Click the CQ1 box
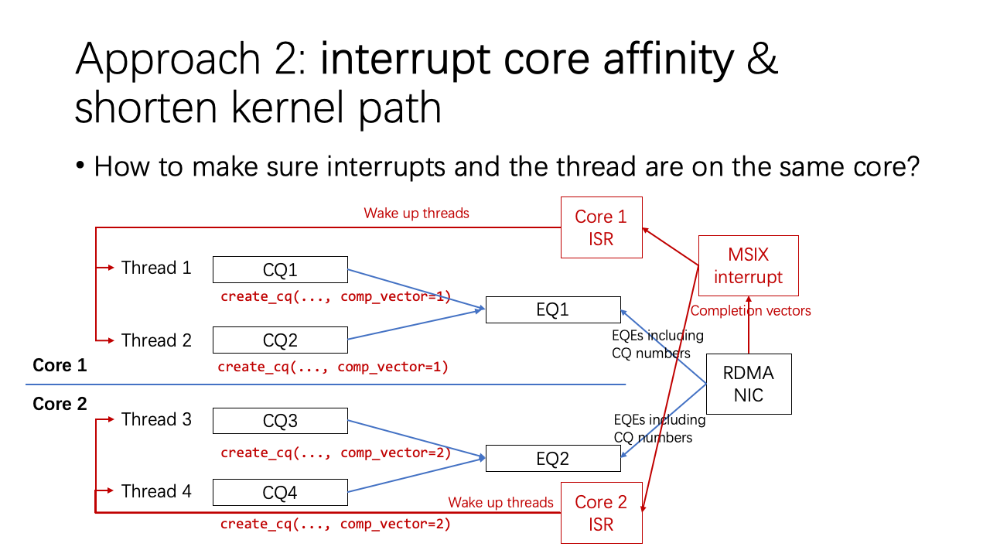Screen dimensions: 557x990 (280, 270)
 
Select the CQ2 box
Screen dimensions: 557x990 (280, 340)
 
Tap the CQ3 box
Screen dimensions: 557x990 (280, 422)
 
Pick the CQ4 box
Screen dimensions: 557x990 (280, 493)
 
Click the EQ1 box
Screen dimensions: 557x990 (552, 309)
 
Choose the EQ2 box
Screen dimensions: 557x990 (552, 459)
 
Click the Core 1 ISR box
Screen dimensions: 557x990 (601, 227)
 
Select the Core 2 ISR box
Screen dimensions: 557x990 (601, 513)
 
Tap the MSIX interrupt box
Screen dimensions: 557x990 (748, 266)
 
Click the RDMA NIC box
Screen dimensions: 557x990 (748, 384)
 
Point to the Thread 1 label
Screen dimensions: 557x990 (155, 268)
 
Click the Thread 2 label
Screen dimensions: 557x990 (155, 340)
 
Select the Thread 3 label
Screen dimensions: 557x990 (155, 419)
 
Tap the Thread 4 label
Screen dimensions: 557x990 (155, 491)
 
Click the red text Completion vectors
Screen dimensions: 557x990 (750, 311)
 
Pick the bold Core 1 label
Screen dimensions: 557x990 (60, 365)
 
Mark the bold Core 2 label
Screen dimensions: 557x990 (60, 404)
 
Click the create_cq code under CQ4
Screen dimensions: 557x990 (335, 525)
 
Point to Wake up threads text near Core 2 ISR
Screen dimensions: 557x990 (500, 503)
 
